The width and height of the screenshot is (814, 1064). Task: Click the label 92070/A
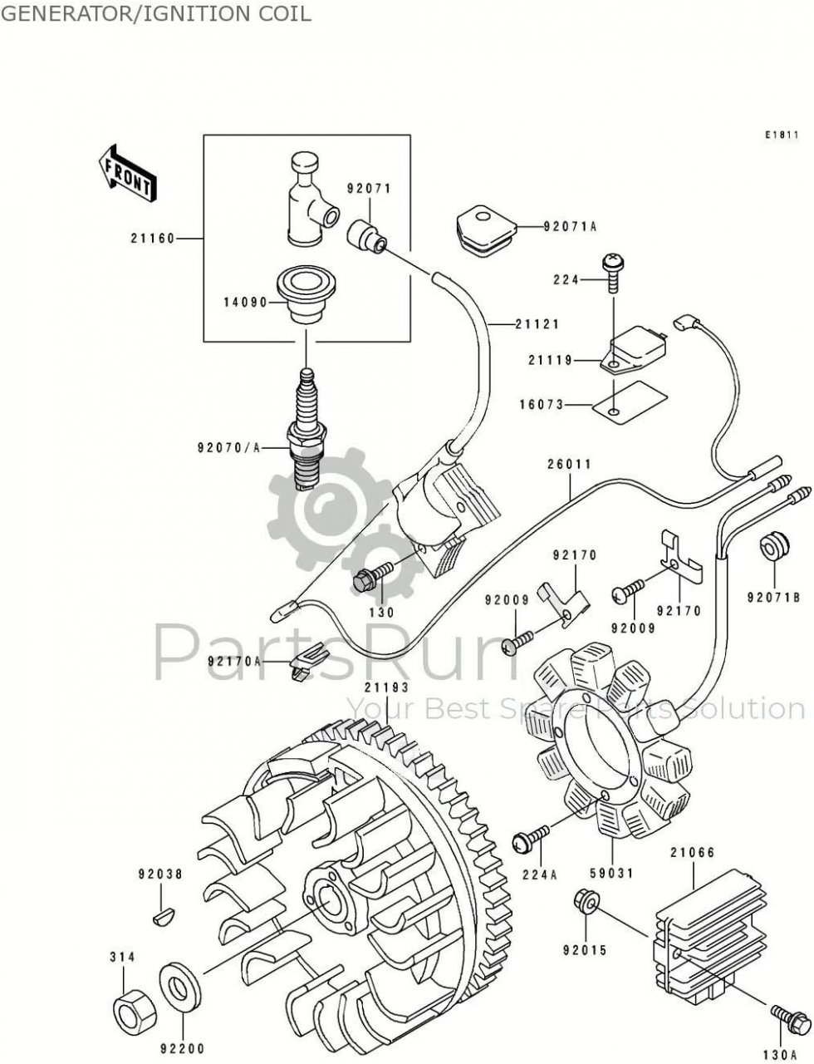point(228,448)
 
